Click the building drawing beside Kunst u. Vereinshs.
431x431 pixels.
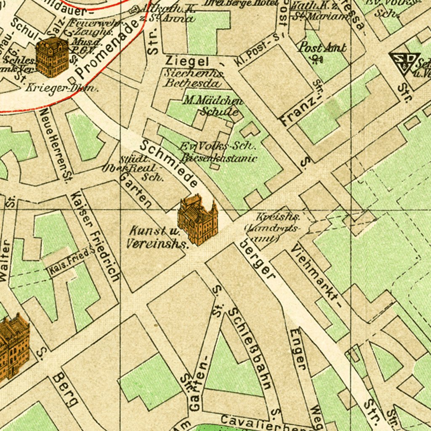(198, 220)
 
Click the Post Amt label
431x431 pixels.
(322, 47)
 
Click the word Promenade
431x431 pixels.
(109, 49)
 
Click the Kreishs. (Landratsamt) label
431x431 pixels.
(274, 228)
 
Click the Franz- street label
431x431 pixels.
(298, 111)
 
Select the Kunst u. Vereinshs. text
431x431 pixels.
(157, 237)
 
